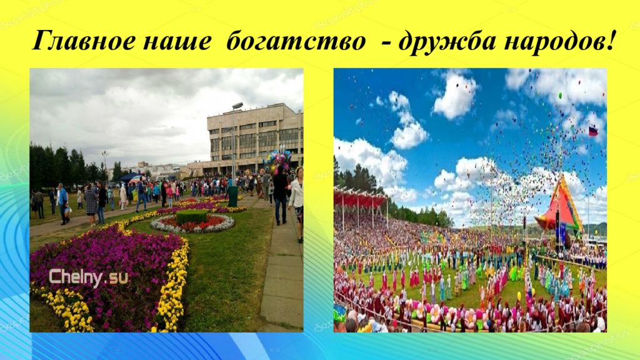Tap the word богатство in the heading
tap(296, 41)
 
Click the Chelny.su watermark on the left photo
tap(88, 278)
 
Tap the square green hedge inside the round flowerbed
tap(191, 216)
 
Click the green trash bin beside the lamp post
tap(232, 196)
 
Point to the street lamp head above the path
tap(237, 105)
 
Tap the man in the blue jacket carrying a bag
tap(63, 203)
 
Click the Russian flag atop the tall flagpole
tap(593, 131)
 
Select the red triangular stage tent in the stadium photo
tap(560, 208)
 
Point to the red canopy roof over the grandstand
tap(360, 198)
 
